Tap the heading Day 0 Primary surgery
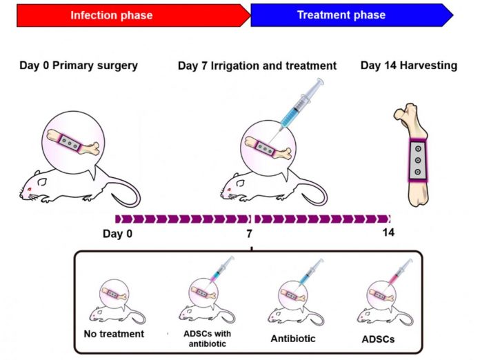point(78,66)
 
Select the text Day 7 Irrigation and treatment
point(257,66)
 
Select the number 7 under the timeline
point(250,233)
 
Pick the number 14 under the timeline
point(388,233)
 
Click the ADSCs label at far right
point(379,339)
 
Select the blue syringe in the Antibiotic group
point(312,270)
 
